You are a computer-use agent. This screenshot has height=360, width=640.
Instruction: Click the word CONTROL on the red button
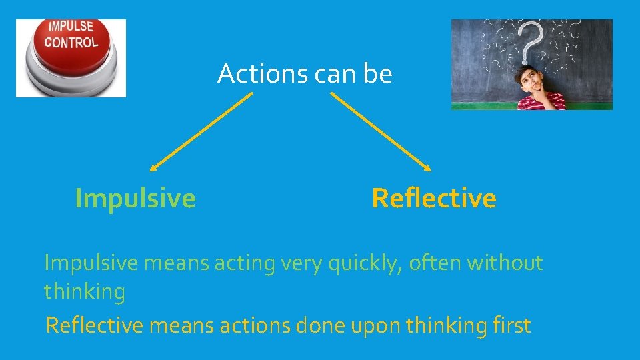pyautogui.click(x=71, y=43)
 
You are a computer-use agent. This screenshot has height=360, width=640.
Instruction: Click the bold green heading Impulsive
pyautogui.click(x=135, y=198)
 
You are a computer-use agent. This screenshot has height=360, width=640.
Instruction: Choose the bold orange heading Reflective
pyautogui.click(x=434, y=198)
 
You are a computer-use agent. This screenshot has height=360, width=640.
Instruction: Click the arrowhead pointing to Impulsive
pyautogui.click(x=153, y=167)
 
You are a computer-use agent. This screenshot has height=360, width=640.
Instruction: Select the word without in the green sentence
pyautogui.click(x=505, y=263)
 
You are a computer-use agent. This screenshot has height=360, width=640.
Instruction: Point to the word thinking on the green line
pyautogui.click(x=85, y=291)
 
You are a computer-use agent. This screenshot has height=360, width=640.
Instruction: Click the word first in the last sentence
pyautogui.click(x=512, y=325)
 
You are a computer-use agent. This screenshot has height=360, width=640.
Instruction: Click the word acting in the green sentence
pyautogui.click(x=244, y=264)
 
